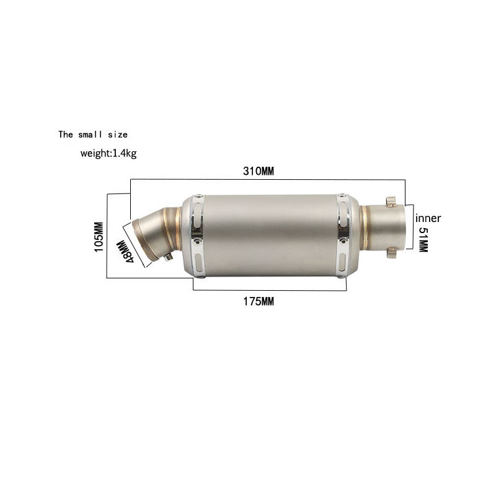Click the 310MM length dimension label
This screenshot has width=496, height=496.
[x=259, y=171]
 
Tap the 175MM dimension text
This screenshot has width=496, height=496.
[x=259, y=301]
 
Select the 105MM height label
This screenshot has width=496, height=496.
[x=99, y=237]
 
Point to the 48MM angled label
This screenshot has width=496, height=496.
[x=126, y=252]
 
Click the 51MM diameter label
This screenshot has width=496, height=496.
[x=423, y=239]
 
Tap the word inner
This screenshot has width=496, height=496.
[x=428, y=218]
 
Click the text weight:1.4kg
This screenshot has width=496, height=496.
[x=108, y=154]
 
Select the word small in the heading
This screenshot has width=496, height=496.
[x=90, y=135]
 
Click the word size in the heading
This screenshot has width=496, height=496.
[x=118, y=135]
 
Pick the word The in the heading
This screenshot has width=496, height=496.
[x=66, y=135]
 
